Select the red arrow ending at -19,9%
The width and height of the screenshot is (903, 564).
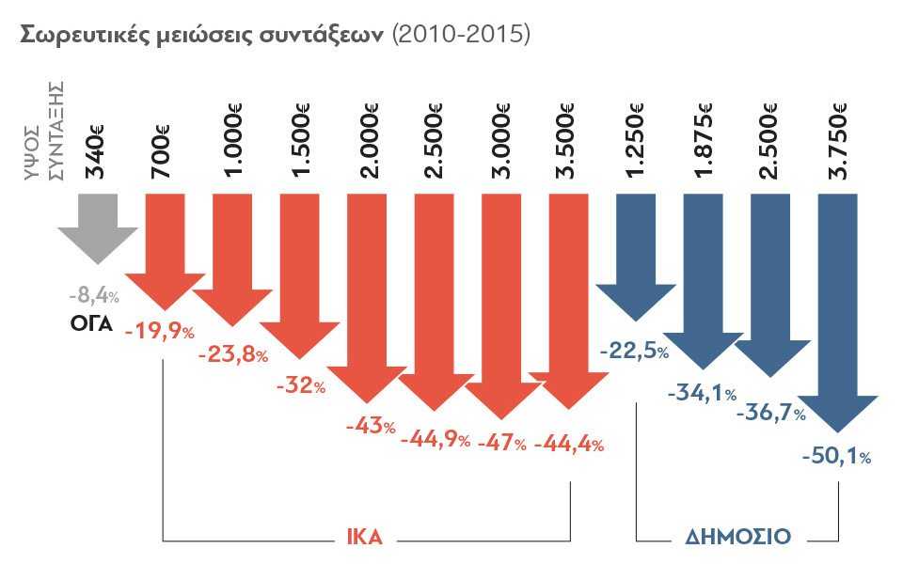pyautogui.click(x=165, y=249)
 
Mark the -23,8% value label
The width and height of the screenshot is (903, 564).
pyautogui.click(x=234, y=356)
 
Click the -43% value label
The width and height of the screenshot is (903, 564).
pyautogui.click(x=371, y=426)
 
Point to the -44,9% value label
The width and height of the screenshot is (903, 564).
pyautogui.click(x=436, y=439)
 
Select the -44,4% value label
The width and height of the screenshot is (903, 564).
pyautogui.click(x=568, y=444)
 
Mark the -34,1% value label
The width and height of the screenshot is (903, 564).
pyautogui.click(x=701, y=393)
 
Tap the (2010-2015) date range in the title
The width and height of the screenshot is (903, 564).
pyautogui.click(x=462, y=35)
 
